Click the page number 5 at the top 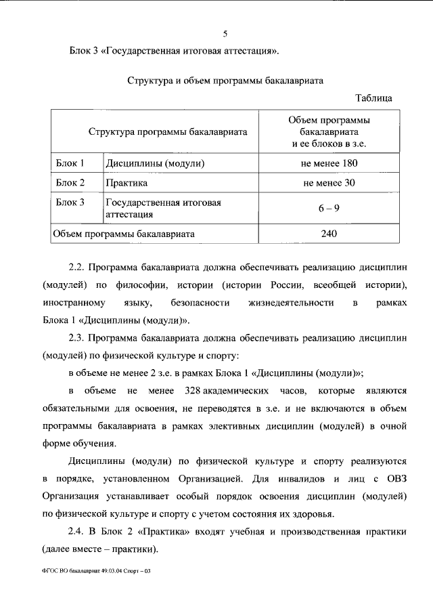point(226,35)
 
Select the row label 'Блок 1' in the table point(70,163)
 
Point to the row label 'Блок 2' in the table point(70,183)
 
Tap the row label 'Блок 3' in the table point(70,202)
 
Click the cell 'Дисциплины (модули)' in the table point(154,163)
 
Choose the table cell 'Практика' point(127,183)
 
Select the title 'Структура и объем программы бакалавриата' point(225,80)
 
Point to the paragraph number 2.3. point(78,337)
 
